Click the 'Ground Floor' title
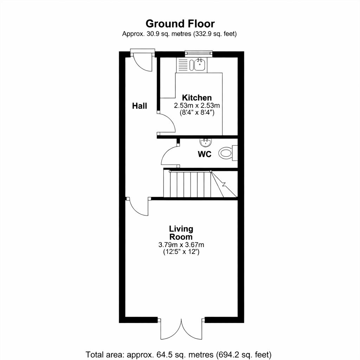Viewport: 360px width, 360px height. (x=180, y=24)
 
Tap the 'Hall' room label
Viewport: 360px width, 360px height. (x=139, y=106)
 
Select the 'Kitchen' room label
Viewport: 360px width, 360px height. (x=197, y=98)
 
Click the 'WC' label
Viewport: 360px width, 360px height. (x=204, y=154)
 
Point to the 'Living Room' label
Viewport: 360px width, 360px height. (x=181, y=233)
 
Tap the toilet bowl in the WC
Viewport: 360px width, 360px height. (x=225, y=153)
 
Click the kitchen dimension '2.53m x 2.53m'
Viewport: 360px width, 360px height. (x=197, y=105)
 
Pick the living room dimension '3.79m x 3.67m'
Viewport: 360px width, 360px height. (x=181, y=245)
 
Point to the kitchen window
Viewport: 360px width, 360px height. (x=198, y=53)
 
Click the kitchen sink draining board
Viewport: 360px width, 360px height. (x=182, y=65)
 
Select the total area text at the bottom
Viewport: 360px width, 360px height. (x=178, y=355)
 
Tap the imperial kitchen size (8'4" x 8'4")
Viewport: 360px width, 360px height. (x=197, y=113)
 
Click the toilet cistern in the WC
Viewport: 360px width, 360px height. (x=234, y=153)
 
